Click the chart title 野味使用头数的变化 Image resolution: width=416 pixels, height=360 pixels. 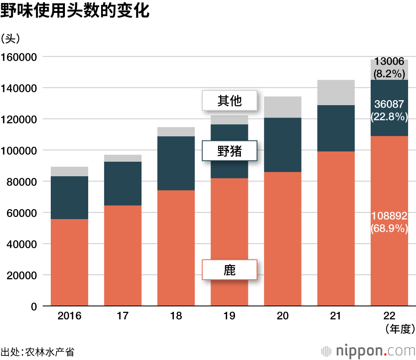point(75,11)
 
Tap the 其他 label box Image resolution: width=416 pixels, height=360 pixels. point(229,101)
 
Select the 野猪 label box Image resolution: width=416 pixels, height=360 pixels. point(229,151)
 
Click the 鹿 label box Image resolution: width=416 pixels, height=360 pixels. point(229,270)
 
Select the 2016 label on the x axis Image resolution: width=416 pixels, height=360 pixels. point(69,316)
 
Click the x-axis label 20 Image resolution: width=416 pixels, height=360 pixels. point(282,316)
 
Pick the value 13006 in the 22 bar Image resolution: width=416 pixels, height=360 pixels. point(389,62)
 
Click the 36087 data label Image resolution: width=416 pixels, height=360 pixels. point(389,105)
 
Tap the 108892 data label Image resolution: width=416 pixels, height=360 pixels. point(389,216)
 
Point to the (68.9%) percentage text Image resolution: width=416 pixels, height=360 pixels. point(389,228)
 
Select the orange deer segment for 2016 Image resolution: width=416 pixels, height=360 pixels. point(69,262)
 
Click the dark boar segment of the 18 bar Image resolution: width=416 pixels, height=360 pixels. point(176,163)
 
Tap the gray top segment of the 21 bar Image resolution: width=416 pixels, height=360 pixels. point(336,92)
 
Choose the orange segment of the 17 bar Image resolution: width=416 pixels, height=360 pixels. point(123,256)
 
